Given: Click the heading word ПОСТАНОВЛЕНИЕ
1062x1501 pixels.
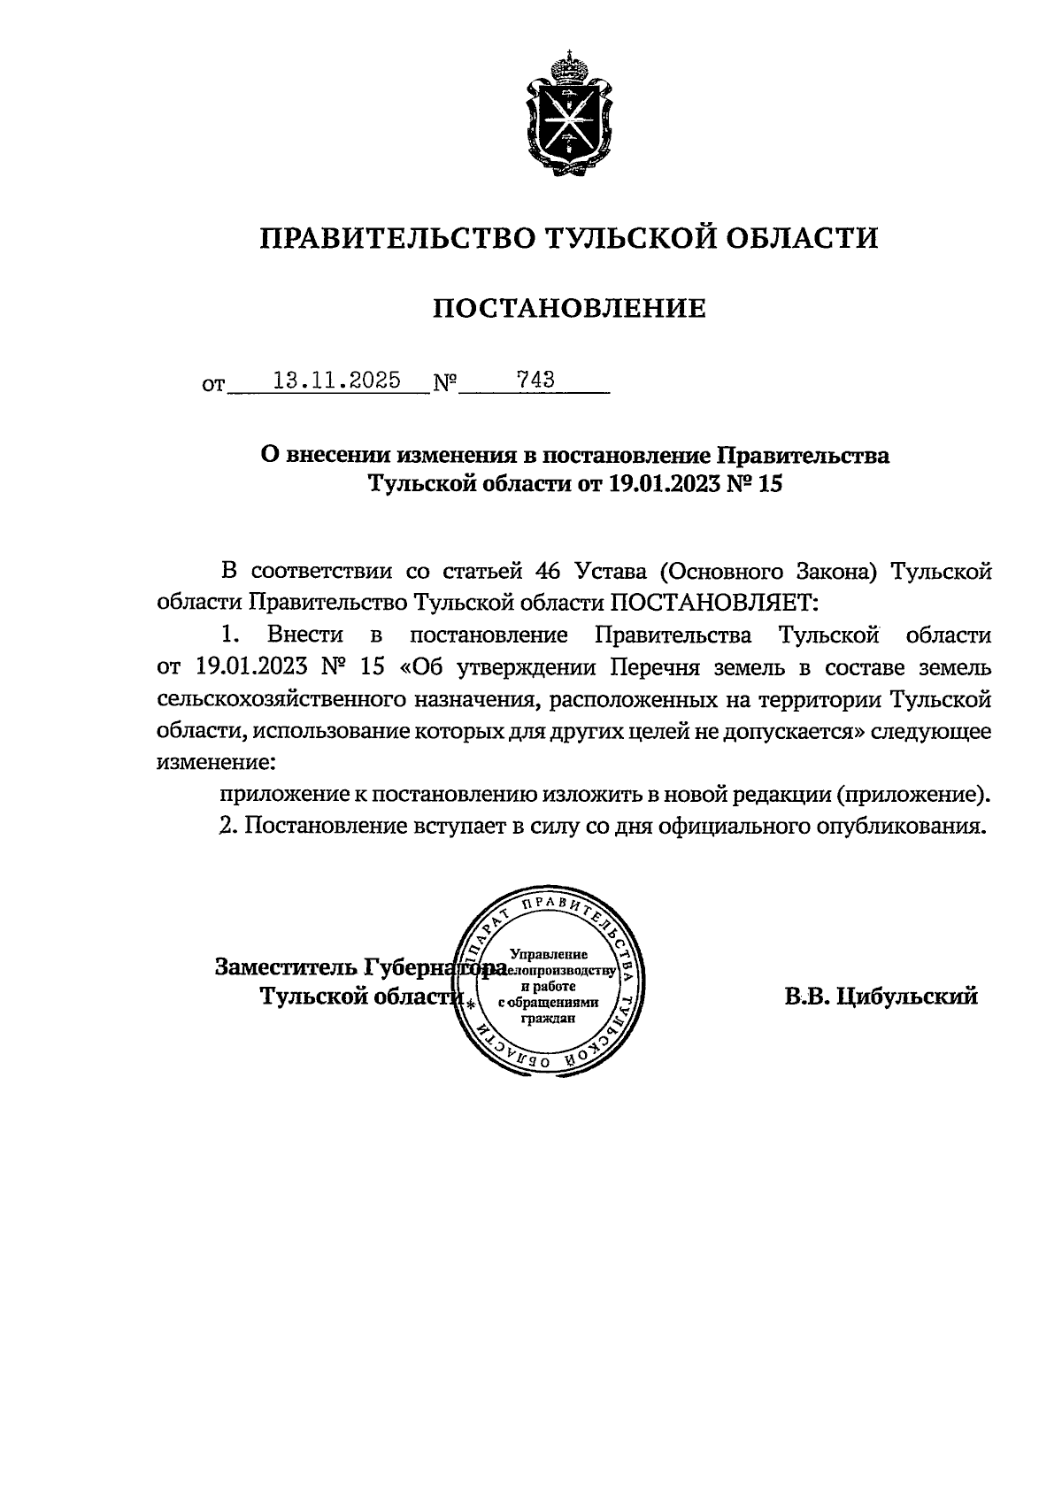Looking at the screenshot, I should coord(569,308).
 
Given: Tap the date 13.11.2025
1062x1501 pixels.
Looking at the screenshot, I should coord(336,381).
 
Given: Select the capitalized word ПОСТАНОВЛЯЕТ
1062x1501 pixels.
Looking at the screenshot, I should coord(712,603).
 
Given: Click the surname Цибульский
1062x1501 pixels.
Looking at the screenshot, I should coord(907,997).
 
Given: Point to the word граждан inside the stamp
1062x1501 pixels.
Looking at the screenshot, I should coord(550,1018).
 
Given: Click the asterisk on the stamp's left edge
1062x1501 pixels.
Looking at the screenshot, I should coord(471,1005).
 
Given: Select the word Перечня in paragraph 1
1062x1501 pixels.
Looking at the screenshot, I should coord(655,666).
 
